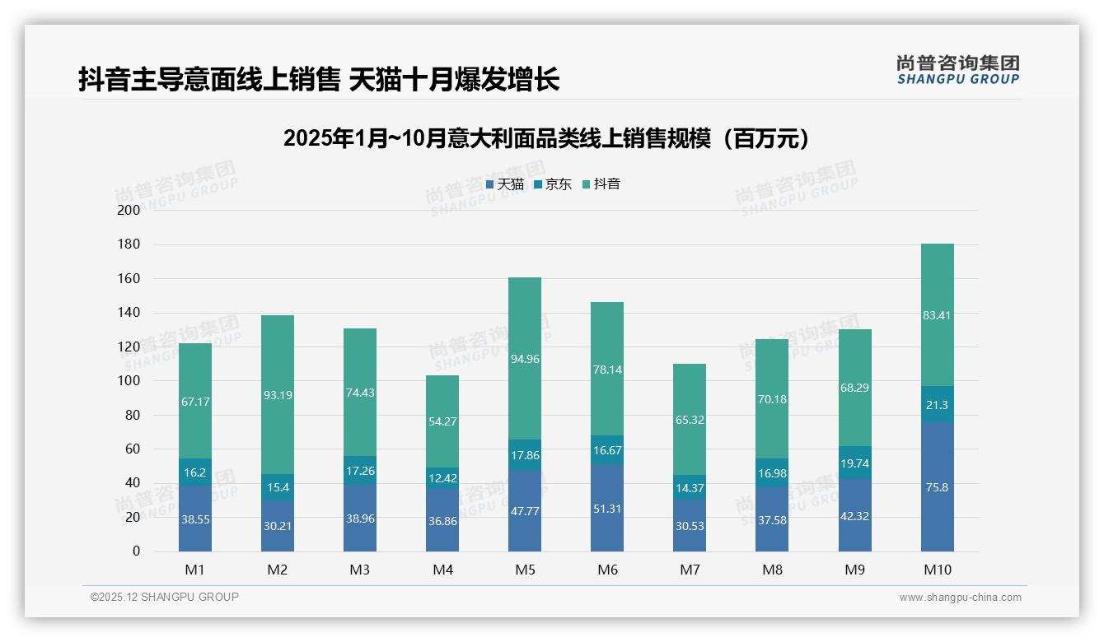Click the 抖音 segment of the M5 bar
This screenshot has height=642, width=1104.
(525, 359)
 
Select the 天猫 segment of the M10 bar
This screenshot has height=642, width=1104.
(937, 487)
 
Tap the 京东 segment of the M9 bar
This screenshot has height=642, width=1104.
(854, 463)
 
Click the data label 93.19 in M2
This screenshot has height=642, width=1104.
(278, 395)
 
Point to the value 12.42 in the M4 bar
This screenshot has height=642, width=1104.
(442, 479)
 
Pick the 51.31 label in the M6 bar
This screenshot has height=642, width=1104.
(607, 509)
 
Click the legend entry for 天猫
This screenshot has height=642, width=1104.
(505, 184)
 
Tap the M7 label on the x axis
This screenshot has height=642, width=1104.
(690, 570)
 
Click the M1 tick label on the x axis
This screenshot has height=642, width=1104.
(195, 570)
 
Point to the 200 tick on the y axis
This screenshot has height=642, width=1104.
(129, 210)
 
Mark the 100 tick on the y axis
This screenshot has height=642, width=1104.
(129, 381)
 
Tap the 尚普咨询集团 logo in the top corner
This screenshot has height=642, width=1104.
(957, 70)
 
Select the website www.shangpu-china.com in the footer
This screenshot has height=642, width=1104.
(960, 598)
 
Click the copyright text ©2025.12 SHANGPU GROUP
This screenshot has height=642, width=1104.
(165, 598)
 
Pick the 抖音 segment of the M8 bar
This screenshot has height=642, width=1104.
(772, 399)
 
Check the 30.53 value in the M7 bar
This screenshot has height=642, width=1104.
(690, 526)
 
